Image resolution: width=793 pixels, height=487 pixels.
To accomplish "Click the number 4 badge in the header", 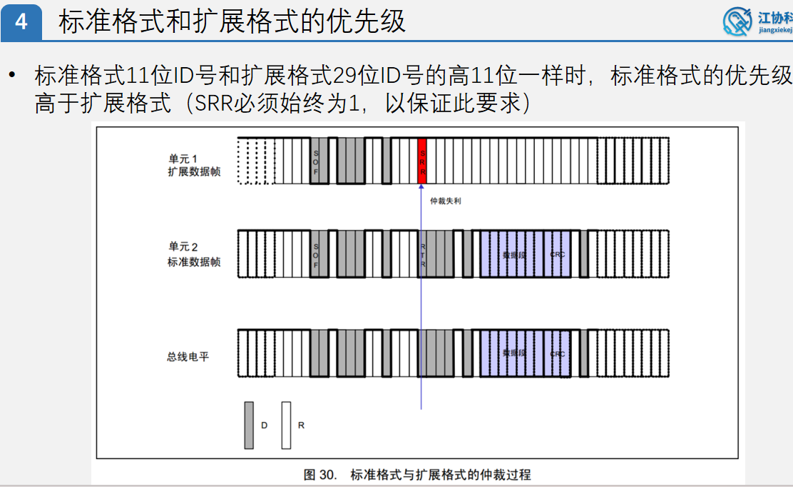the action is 21,22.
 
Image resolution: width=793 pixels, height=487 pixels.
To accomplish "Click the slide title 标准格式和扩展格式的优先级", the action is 232,21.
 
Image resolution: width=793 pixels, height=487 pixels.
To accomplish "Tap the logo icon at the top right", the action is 737,21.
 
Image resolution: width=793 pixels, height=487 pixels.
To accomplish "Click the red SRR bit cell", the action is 422,161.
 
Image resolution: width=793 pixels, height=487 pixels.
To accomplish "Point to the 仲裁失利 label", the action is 446,201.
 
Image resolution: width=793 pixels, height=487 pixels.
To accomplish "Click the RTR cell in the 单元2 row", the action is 422,253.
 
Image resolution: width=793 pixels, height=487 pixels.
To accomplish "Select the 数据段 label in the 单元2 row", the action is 513,254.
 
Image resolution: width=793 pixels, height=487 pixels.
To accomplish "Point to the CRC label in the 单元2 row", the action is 558,254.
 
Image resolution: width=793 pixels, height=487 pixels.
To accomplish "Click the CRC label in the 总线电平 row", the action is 558,353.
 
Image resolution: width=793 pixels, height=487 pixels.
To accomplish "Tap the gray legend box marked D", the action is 249,425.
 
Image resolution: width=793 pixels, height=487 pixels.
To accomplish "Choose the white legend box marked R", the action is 286,425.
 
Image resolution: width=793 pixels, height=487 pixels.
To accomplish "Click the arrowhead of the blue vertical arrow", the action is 421,187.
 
